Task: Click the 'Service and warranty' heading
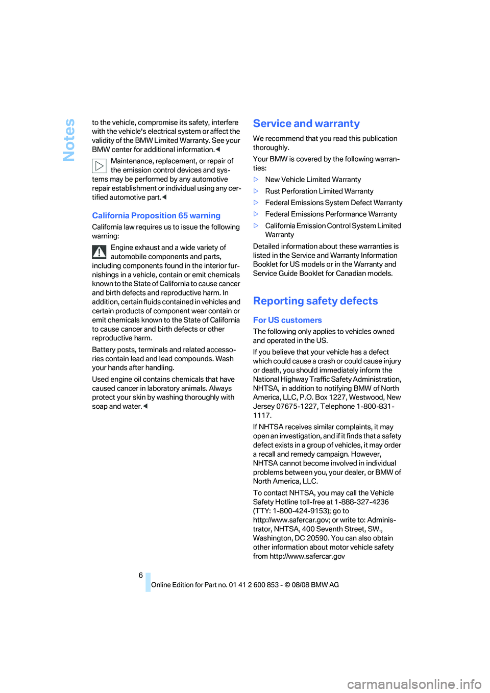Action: coord(306,123)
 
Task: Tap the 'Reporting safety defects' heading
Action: coord(315,301)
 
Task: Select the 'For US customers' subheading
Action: coord(287,320)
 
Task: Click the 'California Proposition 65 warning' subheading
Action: coord(156,216)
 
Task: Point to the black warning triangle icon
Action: coord(99,252)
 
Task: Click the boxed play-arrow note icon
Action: coord(99,166)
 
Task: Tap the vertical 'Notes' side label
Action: coord(69,140)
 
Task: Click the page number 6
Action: coord(141,575)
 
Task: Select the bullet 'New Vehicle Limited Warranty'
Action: coord(313,180)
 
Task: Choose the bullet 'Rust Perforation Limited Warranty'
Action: coord(319,191)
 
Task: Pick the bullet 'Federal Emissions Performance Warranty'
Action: coord(331,214)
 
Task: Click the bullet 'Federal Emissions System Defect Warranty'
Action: coord(334,203)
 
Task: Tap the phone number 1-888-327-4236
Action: coord(361,502)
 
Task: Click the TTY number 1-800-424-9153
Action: coord(301,511)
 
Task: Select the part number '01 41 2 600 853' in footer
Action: coord(254,585)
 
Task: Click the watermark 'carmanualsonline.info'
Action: coord(414,684)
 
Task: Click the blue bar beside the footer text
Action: coord(148,582)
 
